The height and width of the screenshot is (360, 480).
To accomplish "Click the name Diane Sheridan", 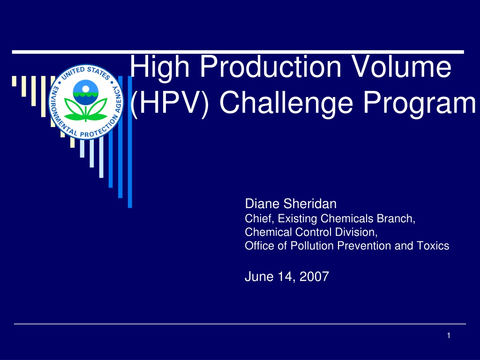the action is [291, 203].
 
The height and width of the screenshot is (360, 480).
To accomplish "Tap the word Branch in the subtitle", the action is [396, 218].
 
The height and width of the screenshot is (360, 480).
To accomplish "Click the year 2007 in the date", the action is [314, 277].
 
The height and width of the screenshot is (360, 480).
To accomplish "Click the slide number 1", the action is [449, 336].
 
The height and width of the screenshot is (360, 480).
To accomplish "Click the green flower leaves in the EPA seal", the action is [86, 110].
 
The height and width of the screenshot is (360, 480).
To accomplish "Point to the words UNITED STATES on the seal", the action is [86, 74].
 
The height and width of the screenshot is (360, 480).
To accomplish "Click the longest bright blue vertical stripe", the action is [130, 142].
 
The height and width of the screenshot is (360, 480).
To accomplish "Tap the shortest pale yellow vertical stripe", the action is [14, 81].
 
